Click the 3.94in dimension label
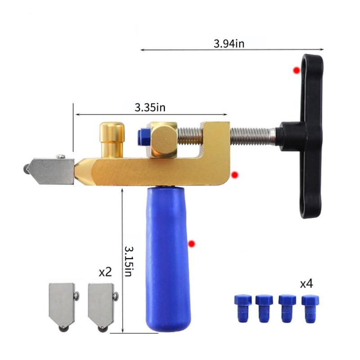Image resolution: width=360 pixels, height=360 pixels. [x=229, y=44]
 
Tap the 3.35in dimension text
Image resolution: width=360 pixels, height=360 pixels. [x=150, y=108]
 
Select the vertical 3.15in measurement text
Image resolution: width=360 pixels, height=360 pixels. [x=129, y=261]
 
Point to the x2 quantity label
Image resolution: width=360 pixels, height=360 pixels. [x=105, y=272]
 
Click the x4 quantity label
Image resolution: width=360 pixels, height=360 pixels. [x=306, y=284]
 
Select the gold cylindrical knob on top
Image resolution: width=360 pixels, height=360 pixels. [x=112, y=140]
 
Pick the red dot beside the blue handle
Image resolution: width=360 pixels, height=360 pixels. [x=192, y=243]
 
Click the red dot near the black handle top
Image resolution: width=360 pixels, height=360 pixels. [x=297, y=70]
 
